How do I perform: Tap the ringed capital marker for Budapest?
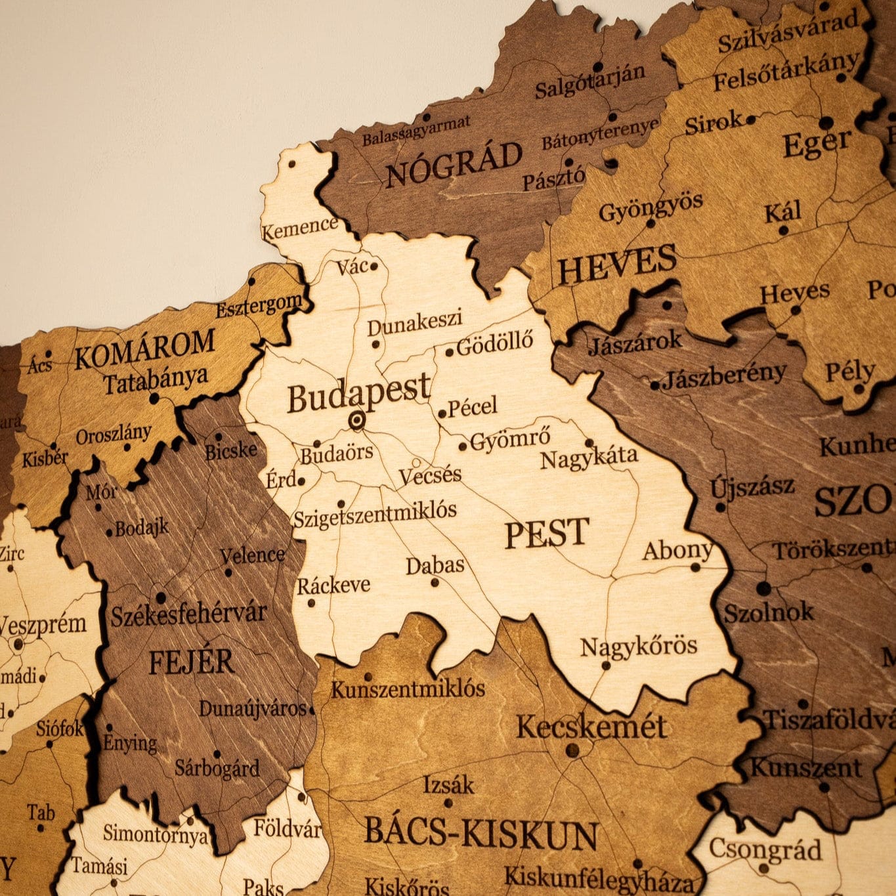[x=356, y=420]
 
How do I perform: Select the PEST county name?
[x=547, y=533]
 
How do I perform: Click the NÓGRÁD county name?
[x=454, y=164]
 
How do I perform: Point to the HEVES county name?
[x=616, y=264]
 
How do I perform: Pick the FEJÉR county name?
[x=191, y=662]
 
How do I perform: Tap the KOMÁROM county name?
[x=144, y=350]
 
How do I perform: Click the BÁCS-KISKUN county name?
[x=480, y=832]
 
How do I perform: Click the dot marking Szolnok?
[x=763, y=588]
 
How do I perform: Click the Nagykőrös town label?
[x=639, y=647]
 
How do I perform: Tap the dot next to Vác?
[x=374, y=267]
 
